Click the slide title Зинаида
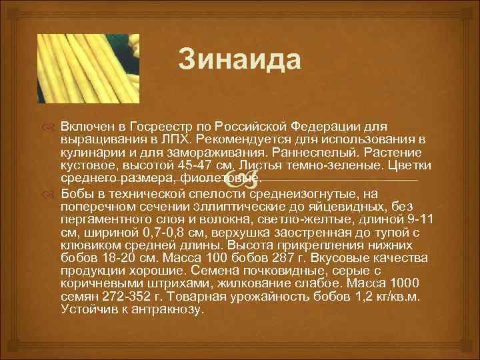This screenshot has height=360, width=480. pos(240,61)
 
